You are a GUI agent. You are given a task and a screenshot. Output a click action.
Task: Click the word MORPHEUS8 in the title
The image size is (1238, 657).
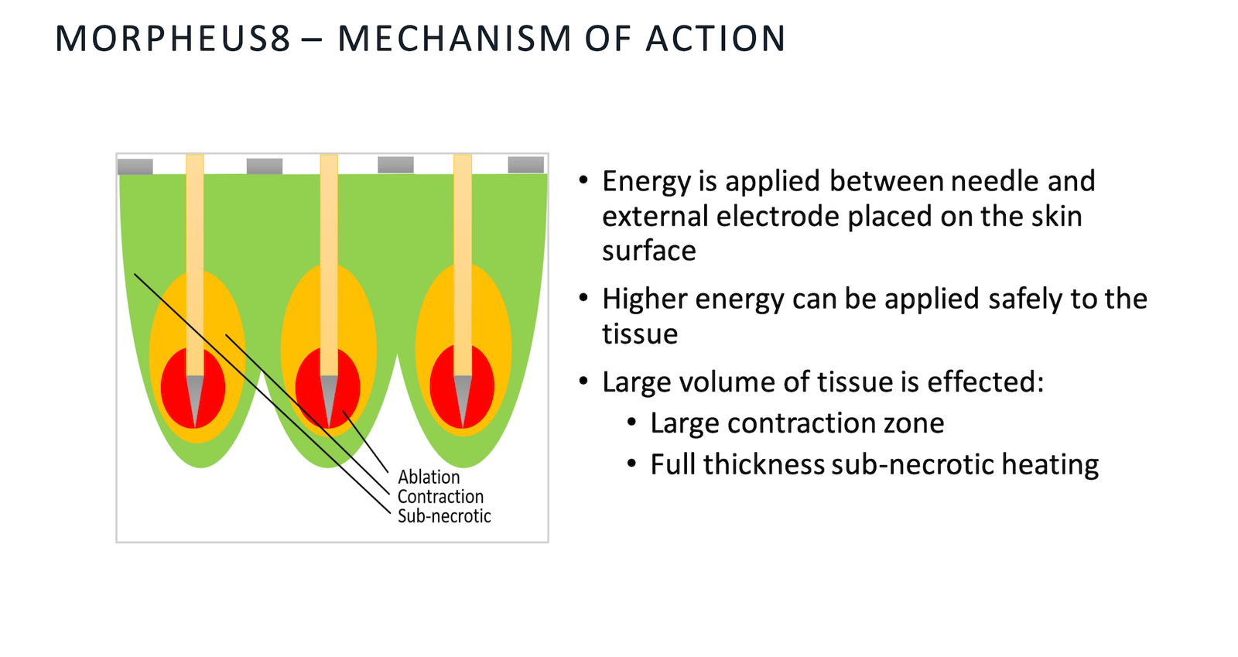(173, 39)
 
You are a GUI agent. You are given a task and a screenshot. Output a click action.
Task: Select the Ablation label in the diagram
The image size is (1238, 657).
(429, 477)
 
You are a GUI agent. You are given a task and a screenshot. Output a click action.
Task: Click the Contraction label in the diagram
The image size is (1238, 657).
(440, 496)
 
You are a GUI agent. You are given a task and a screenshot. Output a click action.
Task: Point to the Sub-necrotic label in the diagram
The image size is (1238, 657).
(444, 515)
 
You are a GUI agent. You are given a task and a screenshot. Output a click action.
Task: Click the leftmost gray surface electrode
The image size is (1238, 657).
(135, 166)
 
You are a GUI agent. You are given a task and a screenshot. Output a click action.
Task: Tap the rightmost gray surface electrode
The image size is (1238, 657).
(525, 165)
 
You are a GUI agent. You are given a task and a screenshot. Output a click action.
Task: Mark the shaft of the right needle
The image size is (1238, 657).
(463, 265)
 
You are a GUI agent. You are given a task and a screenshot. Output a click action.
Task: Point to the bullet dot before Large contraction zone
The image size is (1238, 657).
(632, 423)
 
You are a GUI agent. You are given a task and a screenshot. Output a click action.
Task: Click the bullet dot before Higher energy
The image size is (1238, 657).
(583, 299)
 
